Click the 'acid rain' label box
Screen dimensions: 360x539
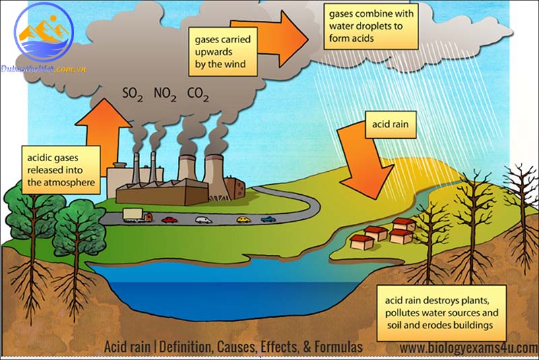point(389,125)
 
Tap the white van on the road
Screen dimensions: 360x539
point(203,219)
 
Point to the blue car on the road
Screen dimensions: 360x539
point(268,219)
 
